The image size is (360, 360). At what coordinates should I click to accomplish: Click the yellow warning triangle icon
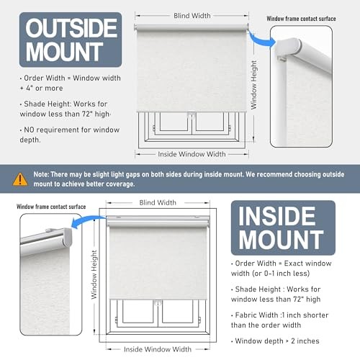(x=20, y=179)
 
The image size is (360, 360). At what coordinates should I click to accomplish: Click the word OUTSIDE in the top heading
(x=71, y=28)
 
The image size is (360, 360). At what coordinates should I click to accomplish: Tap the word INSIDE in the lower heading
(x=277, y=216)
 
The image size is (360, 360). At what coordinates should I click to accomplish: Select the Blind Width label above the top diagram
(x=192, y=16)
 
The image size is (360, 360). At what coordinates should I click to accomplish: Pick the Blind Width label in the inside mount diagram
(x=158, y=202)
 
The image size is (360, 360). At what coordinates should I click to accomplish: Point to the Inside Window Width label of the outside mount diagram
(x=192, y=154)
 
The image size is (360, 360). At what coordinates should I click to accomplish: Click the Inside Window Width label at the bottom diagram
(x=158, y=349)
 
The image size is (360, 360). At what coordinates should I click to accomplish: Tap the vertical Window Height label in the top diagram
(x=253, y=85)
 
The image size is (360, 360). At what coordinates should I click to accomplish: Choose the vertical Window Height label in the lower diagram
(x=94, y=274)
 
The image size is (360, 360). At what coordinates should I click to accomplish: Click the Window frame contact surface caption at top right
(x=301, y=19)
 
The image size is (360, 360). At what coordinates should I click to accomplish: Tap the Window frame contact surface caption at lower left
(x=51, y=207)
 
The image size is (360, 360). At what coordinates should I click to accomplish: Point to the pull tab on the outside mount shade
(x=192, y=114)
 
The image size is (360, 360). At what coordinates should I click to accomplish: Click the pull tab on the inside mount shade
(x=158, y=302)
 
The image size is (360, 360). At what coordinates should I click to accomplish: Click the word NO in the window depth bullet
(x=29, y=130)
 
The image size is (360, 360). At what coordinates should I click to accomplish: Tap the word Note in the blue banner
(x=41, y=174)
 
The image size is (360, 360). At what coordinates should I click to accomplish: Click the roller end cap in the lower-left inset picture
(x=67, y=238)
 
